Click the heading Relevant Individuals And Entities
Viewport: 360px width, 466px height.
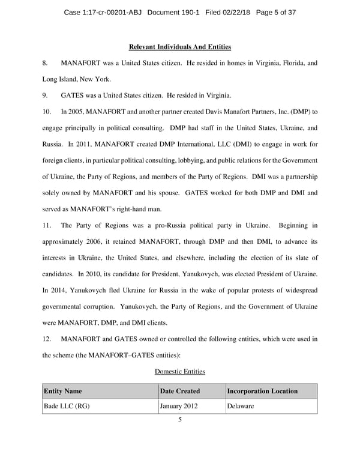coord(180,47)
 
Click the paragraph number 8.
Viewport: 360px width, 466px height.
coord(45,63)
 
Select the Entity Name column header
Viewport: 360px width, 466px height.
coord(63,392)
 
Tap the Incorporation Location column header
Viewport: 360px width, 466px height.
coord(262,392)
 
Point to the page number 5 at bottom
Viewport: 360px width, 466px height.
coord(180,420)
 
